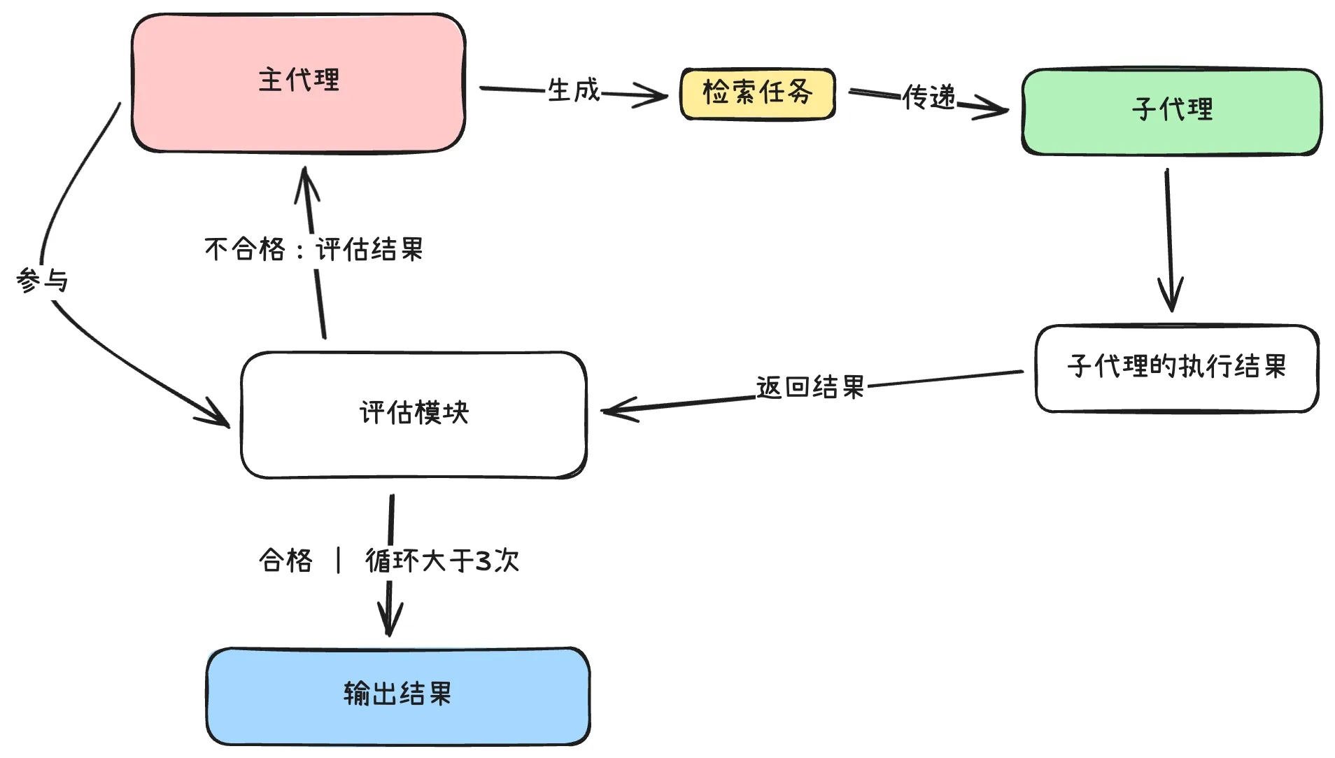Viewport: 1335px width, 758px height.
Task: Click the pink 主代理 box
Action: pos(298,83)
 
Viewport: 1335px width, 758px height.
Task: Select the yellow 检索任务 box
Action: pos(757,93)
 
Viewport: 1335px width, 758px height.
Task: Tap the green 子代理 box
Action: pos(1171,111)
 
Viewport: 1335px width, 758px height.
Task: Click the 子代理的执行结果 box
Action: pos(1176,367)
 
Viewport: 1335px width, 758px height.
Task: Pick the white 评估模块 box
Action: pos(413,414)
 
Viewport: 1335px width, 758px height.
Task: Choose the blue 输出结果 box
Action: pos(397,695)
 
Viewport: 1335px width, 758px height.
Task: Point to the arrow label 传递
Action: pos(928,97)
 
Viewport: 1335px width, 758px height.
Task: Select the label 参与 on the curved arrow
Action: pos(42,281)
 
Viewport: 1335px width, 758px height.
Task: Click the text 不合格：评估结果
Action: pos(313,250)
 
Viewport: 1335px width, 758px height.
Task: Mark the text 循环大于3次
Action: pos(442,561)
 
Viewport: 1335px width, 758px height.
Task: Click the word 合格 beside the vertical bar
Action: pos(285,561)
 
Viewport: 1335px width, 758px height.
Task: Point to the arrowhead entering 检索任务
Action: pos(658,96)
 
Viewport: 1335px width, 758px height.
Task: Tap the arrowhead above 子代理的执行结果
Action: pos(1171,301)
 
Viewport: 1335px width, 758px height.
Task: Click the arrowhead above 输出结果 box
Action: pos(390,625)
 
